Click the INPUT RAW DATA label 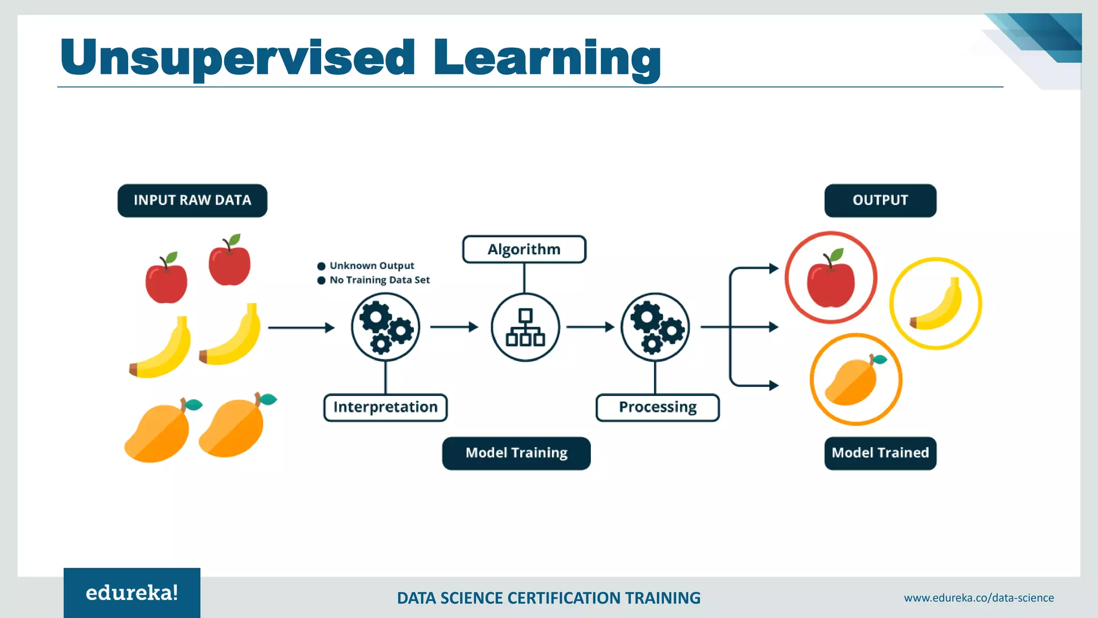192,201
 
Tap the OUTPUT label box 880,201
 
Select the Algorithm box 524,249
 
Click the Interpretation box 385,407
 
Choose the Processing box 657,407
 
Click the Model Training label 516,453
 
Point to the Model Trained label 880,453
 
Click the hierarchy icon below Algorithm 525,327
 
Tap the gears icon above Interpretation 385,327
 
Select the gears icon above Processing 655,327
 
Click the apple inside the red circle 830,279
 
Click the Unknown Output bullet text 372,266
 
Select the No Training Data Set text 379,280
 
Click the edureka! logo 132,593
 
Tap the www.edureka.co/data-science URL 978,598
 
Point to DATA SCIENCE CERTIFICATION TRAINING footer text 548,598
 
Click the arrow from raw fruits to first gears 301,327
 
